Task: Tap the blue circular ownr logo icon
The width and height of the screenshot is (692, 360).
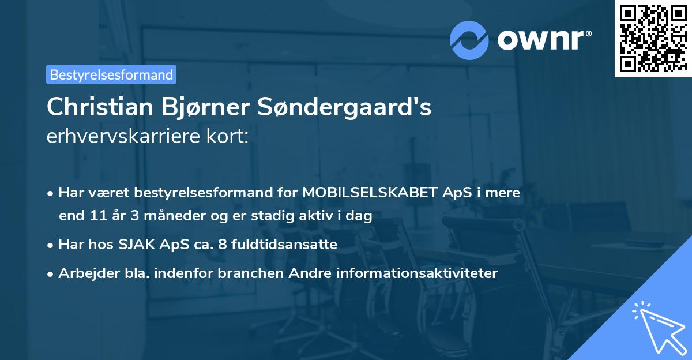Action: coord(469,40)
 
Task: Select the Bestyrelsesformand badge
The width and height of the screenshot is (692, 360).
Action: coord(111,74)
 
